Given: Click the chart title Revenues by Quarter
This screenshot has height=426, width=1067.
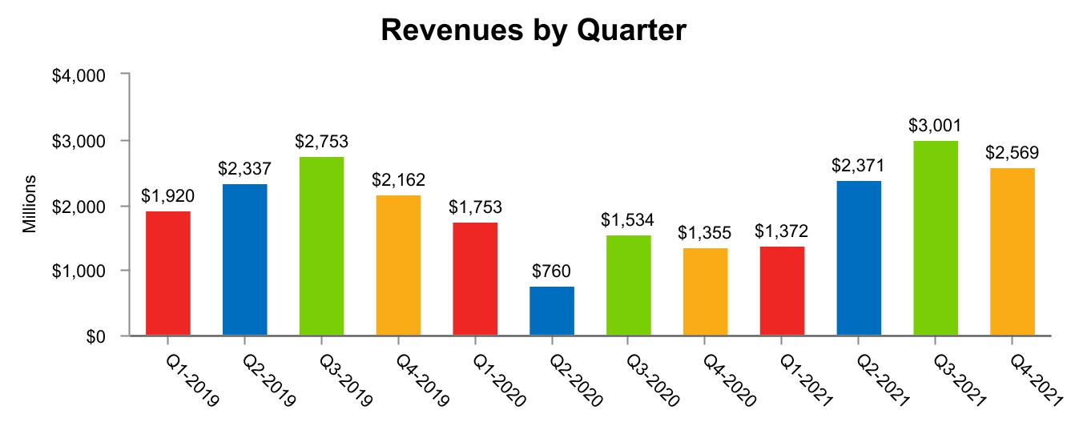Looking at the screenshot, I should click(x=533, y=30).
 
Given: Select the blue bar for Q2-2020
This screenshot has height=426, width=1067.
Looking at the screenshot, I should click(x=552, y=311).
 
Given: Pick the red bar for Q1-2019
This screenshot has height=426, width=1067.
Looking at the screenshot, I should click(x=168, y=273).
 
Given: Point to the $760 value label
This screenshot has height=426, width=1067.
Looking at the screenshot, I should click(x=552, y=271).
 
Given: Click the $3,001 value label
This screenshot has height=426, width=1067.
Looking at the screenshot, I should click(x=936, y=126).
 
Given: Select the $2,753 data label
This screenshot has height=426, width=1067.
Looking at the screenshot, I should click(x=321, y=142).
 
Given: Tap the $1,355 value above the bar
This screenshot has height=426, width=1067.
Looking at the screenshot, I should click(x=706, y=233).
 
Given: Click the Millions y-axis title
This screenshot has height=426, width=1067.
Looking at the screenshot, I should click(x=30, y=203).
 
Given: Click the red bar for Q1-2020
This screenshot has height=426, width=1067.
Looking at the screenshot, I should click(x=475, y=279).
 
